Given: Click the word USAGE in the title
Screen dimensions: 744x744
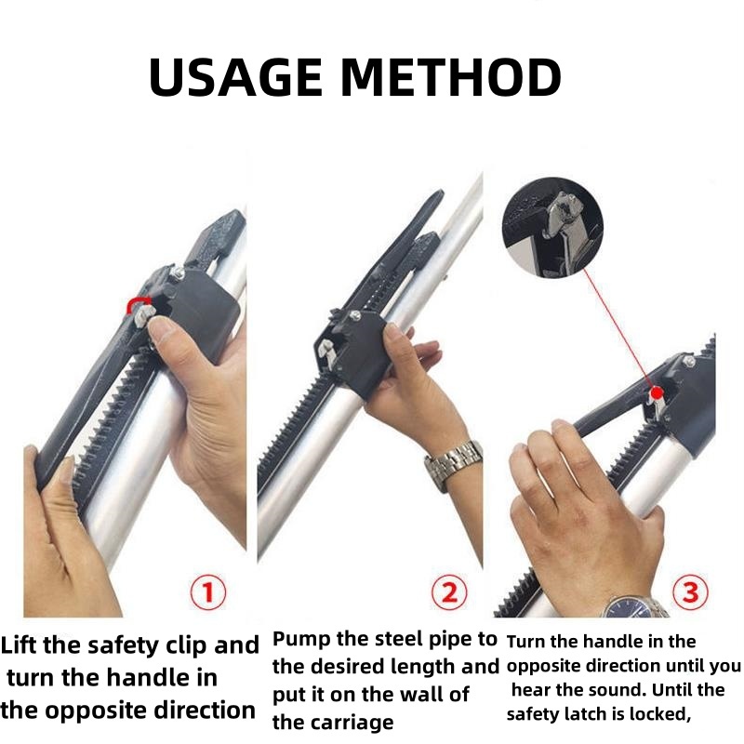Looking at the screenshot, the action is tap(235, 77).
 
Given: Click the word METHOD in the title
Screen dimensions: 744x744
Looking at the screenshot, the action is tap(451, 77).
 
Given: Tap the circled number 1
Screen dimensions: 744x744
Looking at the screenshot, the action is tap(207, 592).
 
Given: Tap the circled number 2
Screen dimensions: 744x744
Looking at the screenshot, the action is tap(449, 592).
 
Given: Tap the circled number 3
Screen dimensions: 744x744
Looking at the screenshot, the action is tap(690, 592).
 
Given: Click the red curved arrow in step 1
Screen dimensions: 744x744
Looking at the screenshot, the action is tap(138, 303).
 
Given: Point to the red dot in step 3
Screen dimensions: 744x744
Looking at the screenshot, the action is tap(657, 392).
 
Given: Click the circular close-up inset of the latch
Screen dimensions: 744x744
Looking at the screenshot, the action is tap(552, 228).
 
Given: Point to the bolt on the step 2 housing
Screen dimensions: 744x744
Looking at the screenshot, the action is tap(354, 315).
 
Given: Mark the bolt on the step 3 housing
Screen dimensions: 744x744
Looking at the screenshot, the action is tap(688, 362).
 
